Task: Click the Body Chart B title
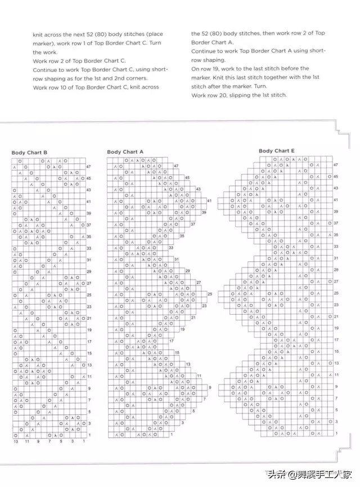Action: tap(29, 153)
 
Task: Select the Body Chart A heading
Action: tap(125, 152)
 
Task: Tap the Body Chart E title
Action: tap(277, 151)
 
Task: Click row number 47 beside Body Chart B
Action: tap(89, 166)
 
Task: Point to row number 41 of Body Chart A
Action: tap(209, 201)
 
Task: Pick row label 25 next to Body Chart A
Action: tap(210, 294)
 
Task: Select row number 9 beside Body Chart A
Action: tap(210, 387)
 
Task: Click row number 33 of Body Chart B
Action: tap(89, 248)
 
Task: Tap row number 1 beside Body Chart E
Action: tap(336, 434)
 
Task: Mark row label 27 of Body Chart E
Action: tap(336, 282)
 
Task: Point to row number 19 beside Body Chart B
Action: tap(89, 330)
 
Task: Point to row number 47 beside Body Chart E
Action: tap(335, 166)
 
